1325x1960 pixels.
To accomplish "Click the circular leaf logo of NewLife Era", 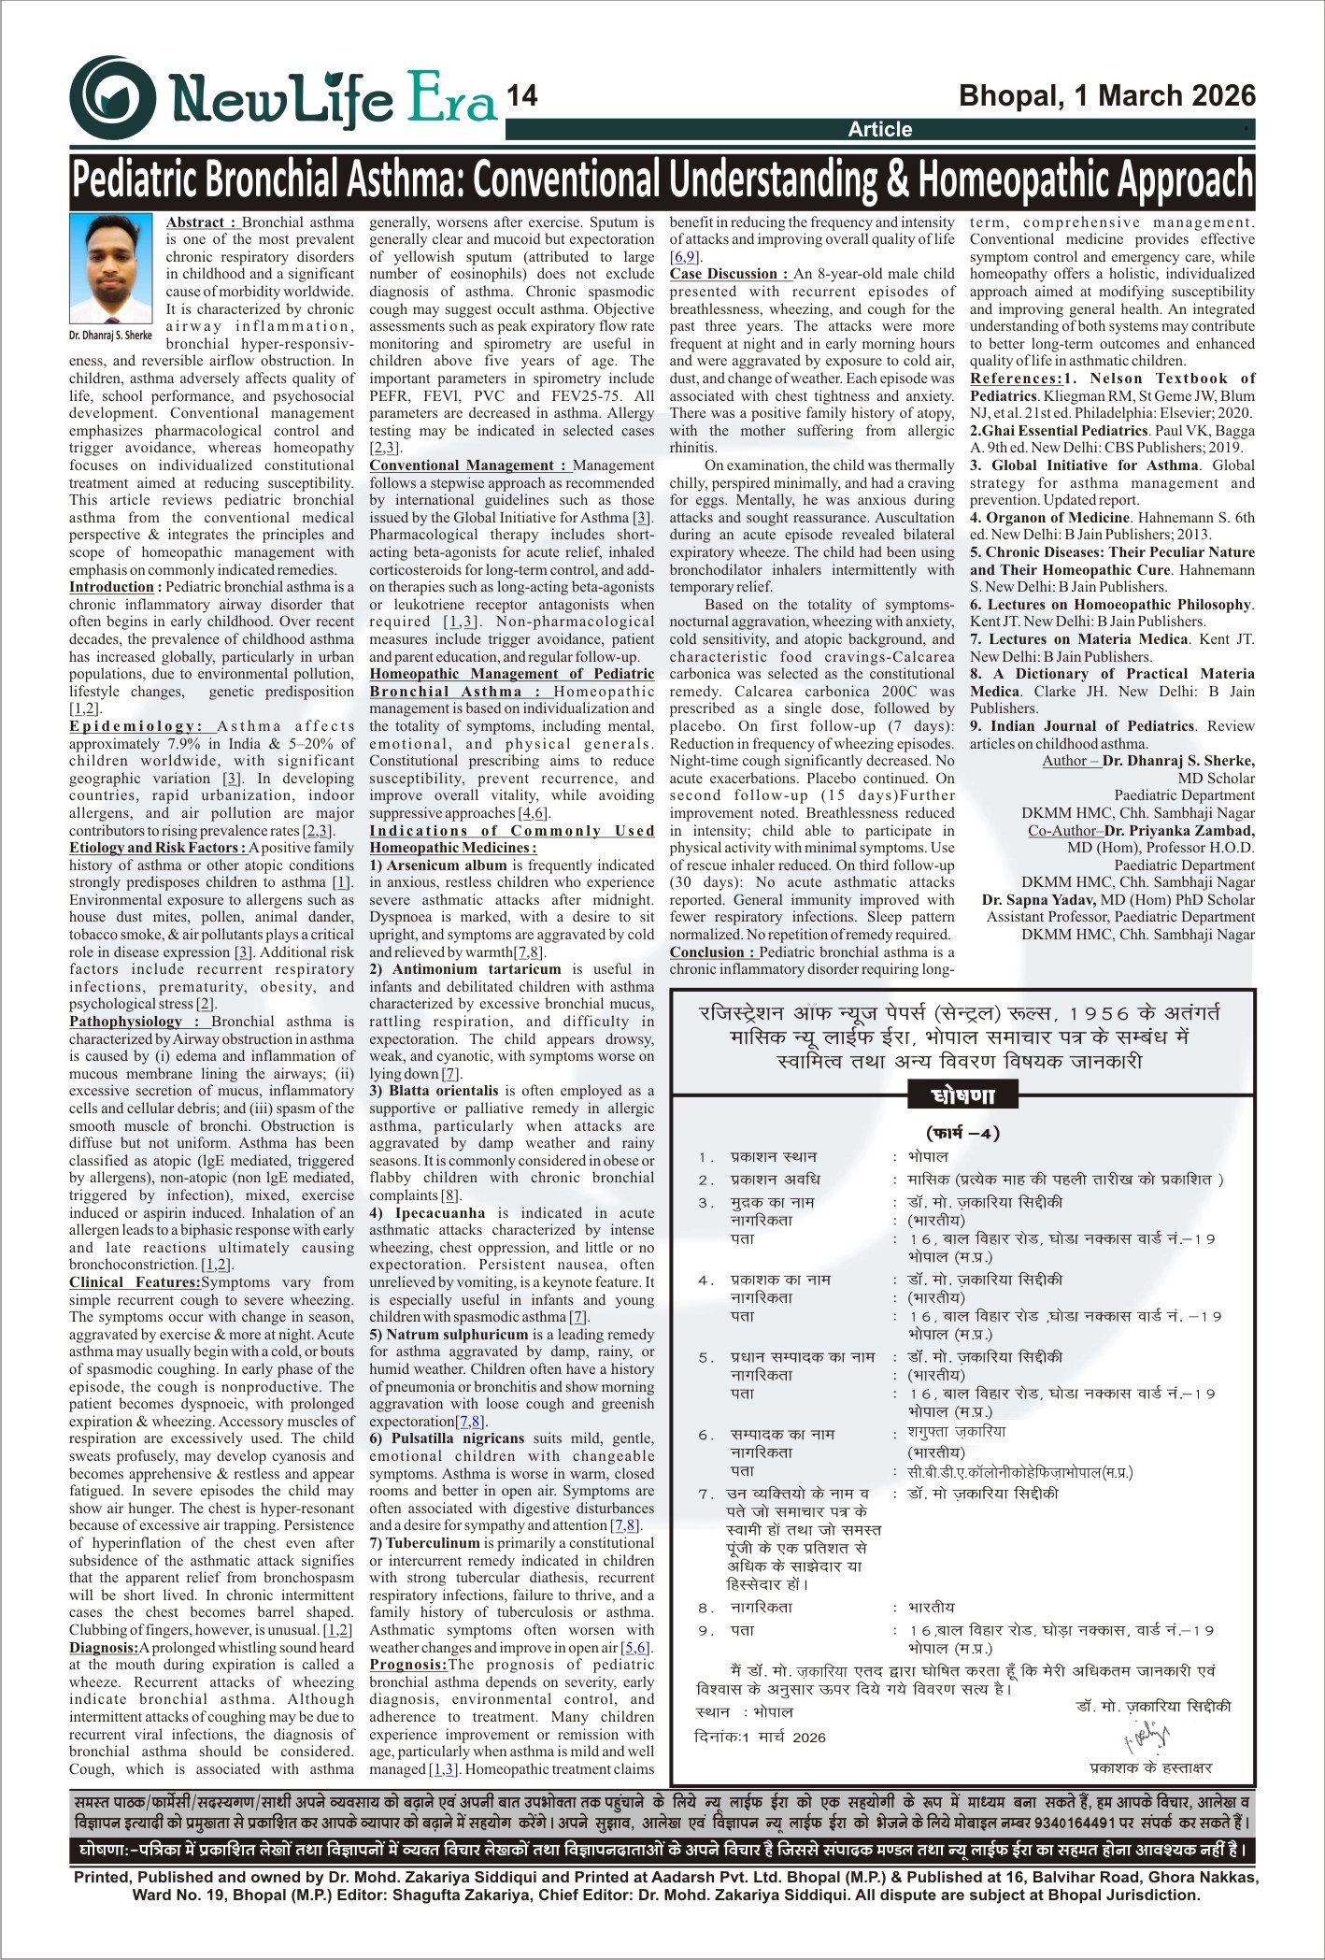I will (x=112, y=97).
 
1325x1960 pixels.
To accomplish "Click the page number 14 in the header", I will (x=522, y=96).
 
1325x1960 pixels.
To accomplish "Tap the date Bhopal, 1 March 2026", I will (x=1107, y=95).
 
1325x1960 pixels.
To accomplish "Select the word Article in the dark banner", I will (x=879, y=129).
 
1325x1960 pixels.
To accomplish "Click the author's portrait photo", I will (x=110, y=268).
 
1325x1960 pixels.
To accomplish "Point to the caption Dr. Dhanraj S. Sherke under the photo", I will (x=110, y=334).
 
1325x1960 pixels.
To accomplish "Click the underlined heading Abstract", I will (x=202, y=222).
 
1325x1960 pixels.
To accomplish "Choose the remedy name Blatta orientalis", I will (x=444, y=1091).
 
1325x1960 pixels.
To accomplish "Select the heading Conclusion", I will (x=712, y=952).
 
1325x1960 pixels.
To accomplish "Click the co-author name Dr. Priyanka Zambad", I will (x=1180, y=831).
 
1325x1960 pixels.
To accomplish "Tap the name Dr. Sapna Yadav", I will (x=1038, y=900).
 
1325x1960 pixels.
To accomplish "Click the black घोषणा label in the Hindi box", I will (x=963, y=1095).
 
